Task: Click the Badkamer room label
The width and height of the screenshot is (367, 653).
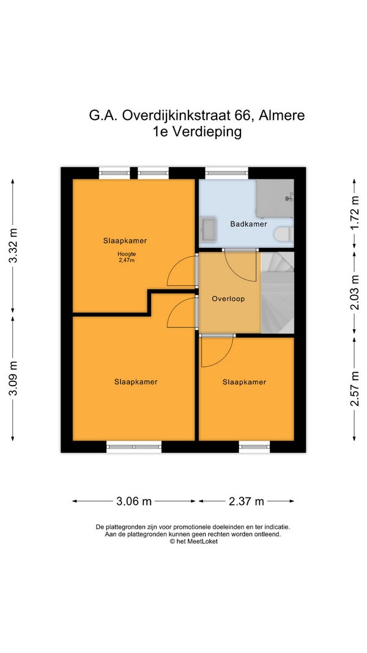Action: [x=248, y=224]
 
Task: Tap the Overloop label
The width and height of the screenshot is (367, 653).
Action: [x=228, y=299]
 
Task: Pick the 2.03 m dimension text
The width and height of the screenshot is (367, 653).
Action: [x=355, y=293]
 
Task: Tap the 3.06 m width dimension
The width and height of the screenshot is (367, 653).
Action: [x=134, y=501]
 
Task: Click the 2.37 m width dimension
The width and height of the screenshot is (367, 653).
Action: [x=247, y=501]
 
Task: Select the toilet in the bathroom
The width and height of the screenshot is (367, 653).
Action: [x=284, y=234]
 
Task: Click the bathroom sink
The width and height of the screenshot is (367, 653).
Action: [x=207, y=229]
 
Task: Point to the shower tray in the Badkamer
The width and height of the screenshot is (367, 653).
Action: [x=275, y=199]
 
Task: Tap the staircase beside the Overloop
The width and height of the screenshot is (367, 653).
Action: [x=278, y=293]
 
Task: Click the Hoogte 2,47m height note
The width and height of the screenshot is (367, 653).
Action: [x=127, y=257]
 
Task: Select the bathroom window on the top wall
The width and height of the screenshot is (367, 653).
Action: [x=227, y=173]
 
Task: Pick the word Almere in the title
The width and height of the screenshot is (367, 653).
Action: [x=282, y=115]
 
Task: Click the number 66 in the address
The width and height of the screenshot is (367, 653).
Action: [x=245, y=115]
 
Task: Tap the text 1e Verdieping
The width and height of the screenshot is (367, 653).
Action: [x=197, y=132]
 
